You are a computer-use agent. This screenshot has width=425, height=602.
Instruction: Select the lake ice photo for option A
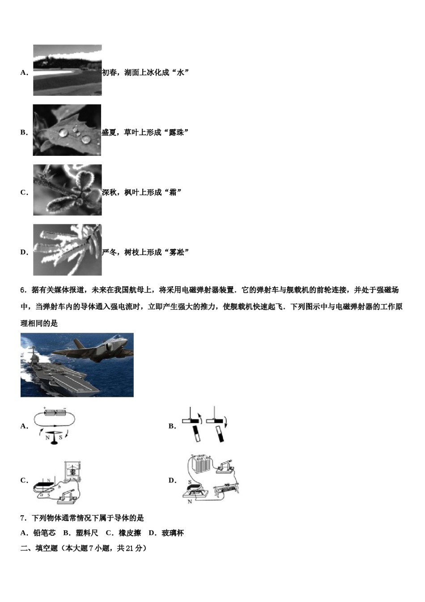pyautogui.click(x=67, y=70)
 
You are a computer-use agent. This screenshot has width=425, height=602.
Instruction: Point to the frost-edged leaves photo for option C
pyautogui.click(x=67, y=190)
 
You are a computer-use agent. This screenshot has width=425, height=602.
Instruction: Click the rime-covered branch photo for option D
pyautogui.click(x=67, y=250)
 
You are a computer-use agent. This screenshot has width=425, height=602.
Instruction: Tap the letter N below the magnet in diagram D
pyautogui.click(x=190, y=502)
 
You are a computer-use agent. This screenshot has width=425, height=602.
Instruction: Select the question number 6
pyautogui.click(x=23, y=290)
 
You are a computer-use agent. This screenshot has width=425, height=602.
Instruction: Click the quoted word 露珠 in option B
pyautogui.click(x=176, y=133)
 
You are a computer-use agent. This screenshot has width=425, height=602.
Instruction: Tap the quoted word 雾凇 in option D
pyautogui.click(x=176, y=252)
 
